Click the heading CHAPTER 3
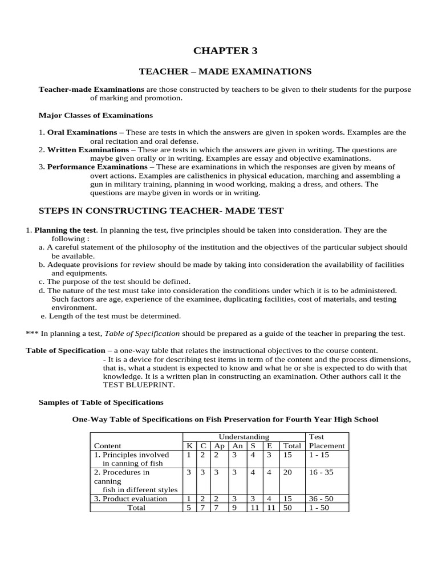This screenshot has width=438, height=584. [x=225, y=51]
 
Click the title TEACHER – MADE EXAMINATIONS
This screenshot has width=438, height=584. [x=225, y=71]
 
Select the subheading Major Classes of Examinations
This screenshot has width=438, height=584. [x=95, y=115]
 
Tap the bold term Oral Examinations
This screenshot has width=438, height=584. [x=82, y=132]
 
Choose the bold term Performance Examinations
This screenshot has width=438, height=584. [x=97, y=167]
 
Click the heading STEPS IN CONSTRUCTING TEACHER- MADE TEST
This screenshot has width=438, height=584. [x=160, y=211]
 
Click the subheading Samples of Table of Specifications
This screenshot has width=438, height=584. [x=100, y=403]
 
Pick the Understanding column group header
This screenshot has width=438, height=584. [x=244, y=437]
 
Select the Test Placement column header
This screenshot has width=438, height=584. [x=326, y=441]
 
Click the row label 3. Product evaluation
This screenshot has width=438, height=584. [x=131, y=498]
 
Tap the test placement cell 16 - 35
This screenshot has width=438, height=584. [x=321, y=472]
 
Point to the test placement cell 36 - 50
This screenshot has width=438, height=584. [x=321, y=498]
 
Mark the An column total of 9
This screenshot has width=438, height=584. [x=234, y=508]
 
